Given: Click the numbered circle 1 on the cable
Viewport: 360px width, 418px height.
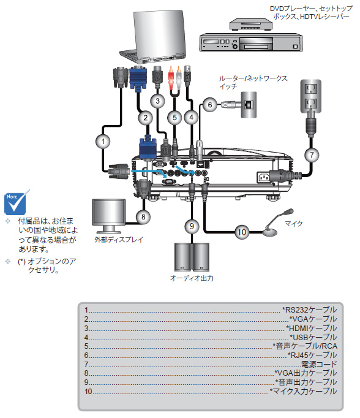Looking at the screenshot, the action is (103, 142).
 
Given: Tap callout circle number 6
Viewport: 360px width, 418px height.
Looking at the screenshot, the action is (210, 104).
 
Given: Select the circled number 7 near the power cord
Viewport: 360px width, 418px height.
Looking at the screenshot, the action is (312, 154).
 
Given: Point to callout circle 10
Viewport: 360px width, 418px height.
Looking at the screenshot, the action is (242, 232).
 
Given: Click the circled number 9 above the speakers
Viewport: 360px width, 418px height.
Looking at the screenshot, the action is (192, 226).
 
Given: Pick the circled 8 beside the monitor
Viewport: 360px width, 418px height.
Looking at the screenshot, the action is (143, 217).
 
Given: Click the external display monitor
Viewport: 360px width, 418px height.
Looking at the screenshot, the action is (108, 216).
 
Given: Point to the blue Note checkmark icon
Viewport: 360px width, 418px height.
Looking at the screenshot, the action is (16, 203).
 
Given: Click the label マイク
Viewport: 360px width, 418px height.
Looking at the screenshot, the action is (294, 223).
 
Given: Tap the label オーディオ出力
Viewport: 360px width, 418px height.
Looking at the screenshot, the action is (192, 278).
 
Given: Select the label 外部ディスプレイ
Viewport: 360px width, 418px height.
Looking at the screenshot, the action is (119, 240).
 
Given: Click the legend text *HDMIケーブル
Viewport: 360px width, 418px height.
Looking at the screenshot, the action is (311, 328).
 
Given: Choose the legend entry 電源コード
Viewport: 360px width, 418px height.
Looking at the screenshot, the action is (319, 364).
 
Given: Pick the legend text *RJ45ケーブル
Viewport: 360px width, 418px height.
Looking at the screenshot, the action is (312, 355).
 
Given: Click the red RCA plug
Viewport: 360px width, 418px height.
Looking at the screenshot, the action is (171, 78).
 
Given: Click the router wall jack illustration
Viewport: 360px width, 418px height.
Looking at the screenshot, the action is (249, 104).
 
